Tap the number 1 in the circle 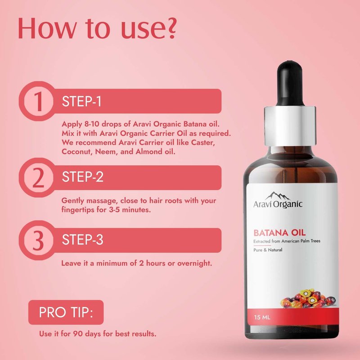click(x=38, y=101)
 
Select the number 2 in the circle click(x=38, y=177)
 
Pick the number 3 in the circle click(x=38, y=240)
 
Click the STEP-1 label click(x=81, y=101)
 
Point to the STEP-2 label click(x=83, y=177)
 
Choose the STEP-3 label click(x=83, y=240)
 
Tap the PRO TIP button click(x=66, y=312)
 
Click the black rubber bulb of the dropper click(x=290, y=84)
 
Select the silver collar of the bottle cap click(x=290, y=126)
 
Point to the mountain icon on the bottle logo click(x=277, y=196)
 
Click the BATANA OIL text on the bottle click(x=279, y=233)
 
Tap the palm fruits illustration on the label click(x=308, y=298)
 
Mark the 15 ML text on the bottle click(x=262, y=317)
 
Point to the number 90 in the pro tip click(x=78, y=333)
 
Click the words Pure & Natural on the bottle click(x=268, y=250)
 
